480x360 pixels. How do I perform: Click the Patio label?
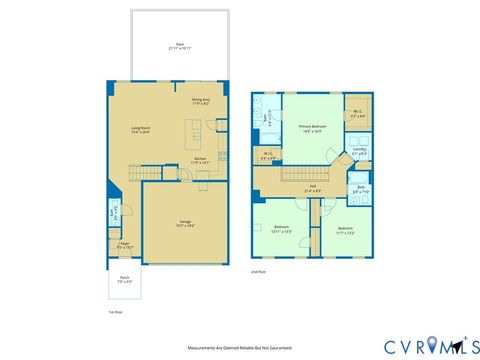click(180, 46)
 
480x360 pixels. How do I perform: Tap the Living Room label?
click(140, 130)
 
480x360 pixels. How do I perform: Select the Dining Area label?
click(200, 101)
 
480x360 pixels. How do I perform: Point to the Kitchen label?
click(200, 159)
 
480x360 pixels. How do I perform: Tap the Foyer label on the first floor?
click(125, 244)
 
